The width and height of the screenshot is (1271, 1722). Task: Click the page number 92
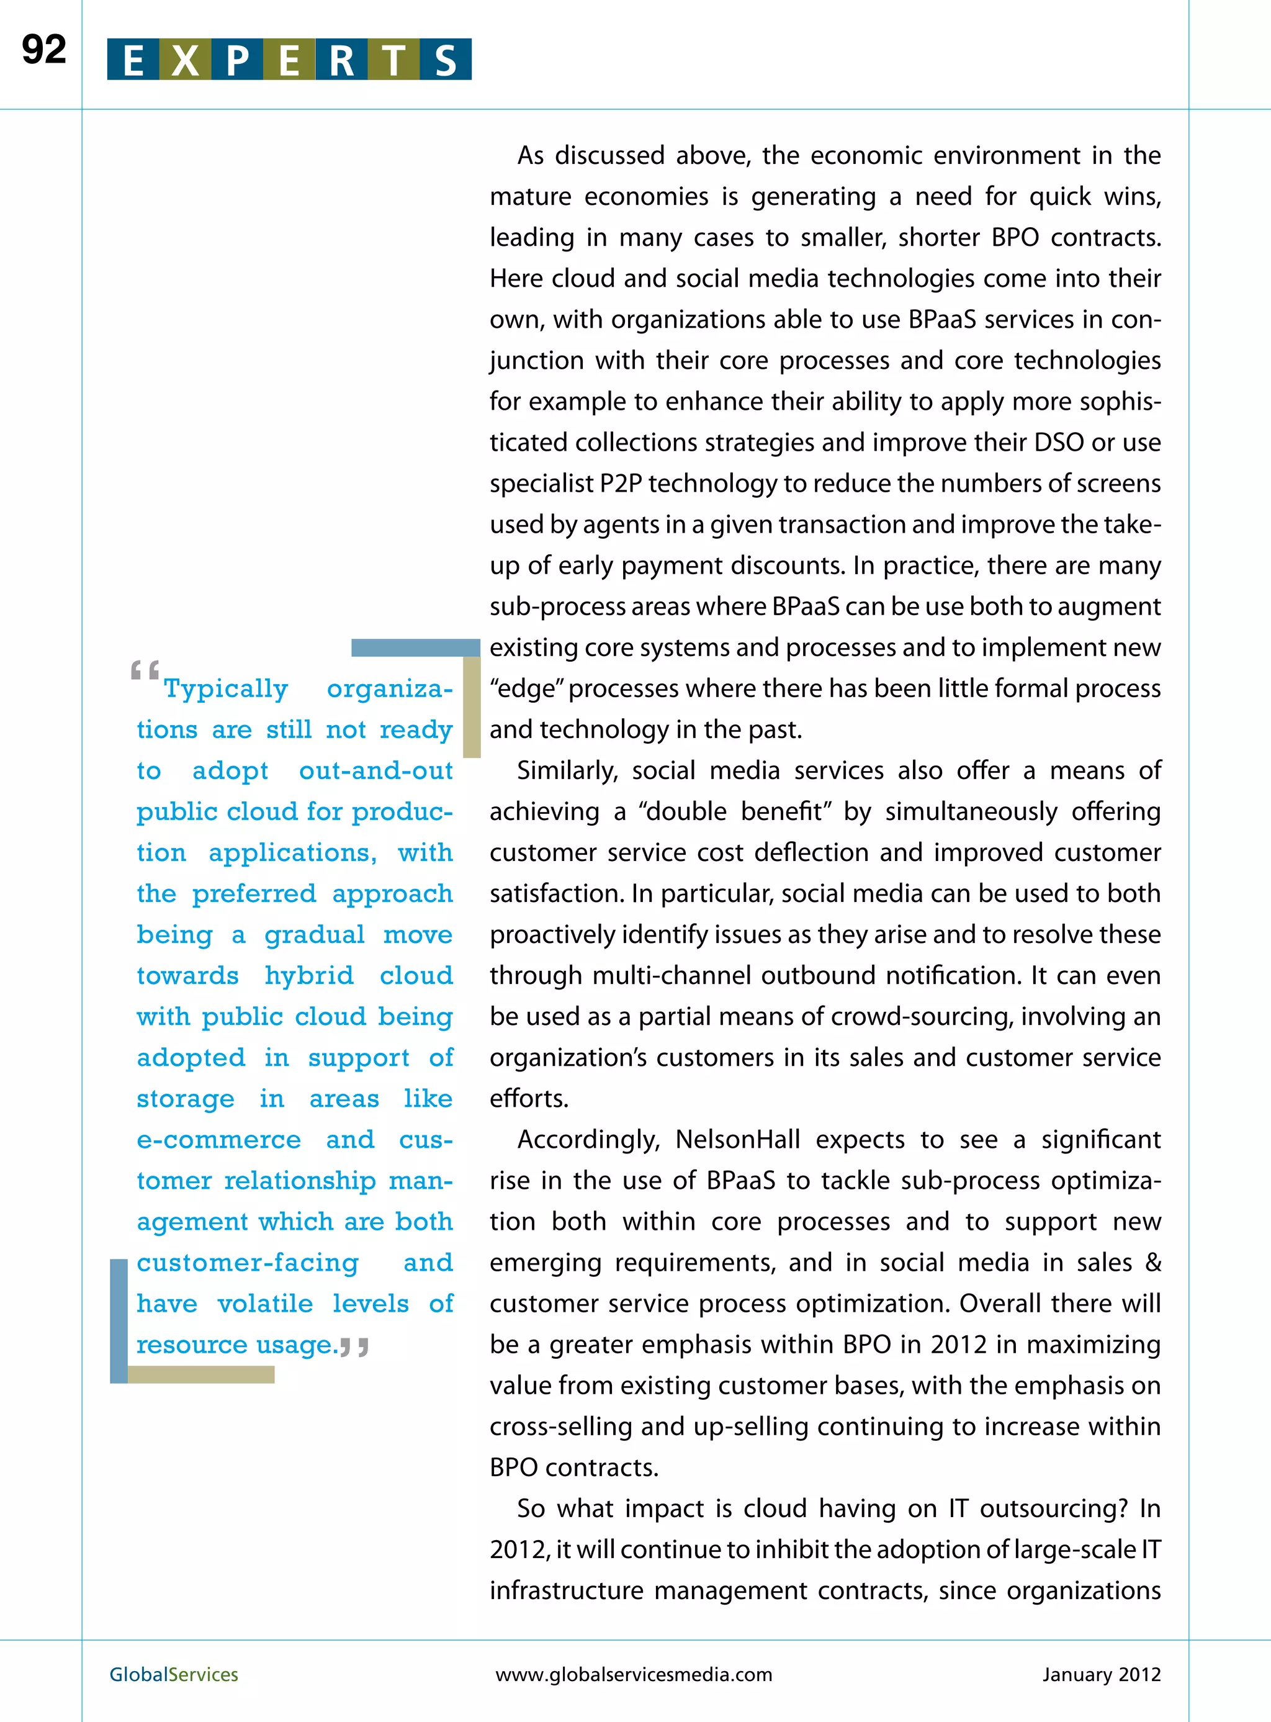click(44, 50)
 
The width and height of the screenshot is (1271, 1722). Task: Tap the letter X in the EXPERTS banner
click(185, 60)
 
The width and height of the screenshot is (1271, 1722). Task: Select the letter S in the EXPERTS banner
click(446, 60)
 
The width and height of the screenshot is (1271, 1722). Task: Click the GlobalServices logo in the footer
click(174, 1674)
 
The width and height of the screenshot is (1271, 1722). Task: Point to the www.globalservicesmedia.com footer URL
click(633, 1674)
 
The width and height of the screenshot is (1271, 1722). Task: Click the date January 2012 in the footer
click(1101, 1674)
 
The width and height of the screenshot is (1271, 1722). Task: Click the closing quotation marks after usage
click(355, 1346)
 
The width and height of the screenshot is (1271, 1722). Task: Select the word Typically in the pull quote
click(226, 688)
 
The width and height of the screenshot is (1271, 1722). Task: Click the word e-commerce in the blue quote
click(218, 1140)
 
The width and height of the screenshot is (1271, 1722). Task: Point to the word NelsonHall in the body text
click(738, 1140)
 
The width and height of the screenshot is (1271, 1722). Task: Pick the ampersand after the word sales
click(1152, 1263)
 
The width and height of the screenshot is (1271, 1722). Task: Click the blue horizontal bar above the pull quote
click(415, 648)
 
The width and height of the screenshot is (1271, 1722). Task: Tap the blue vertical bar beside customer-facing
click(119, 1320)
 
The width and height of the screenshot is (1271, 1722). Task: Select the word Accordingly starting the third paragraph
click(588, 1140)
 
